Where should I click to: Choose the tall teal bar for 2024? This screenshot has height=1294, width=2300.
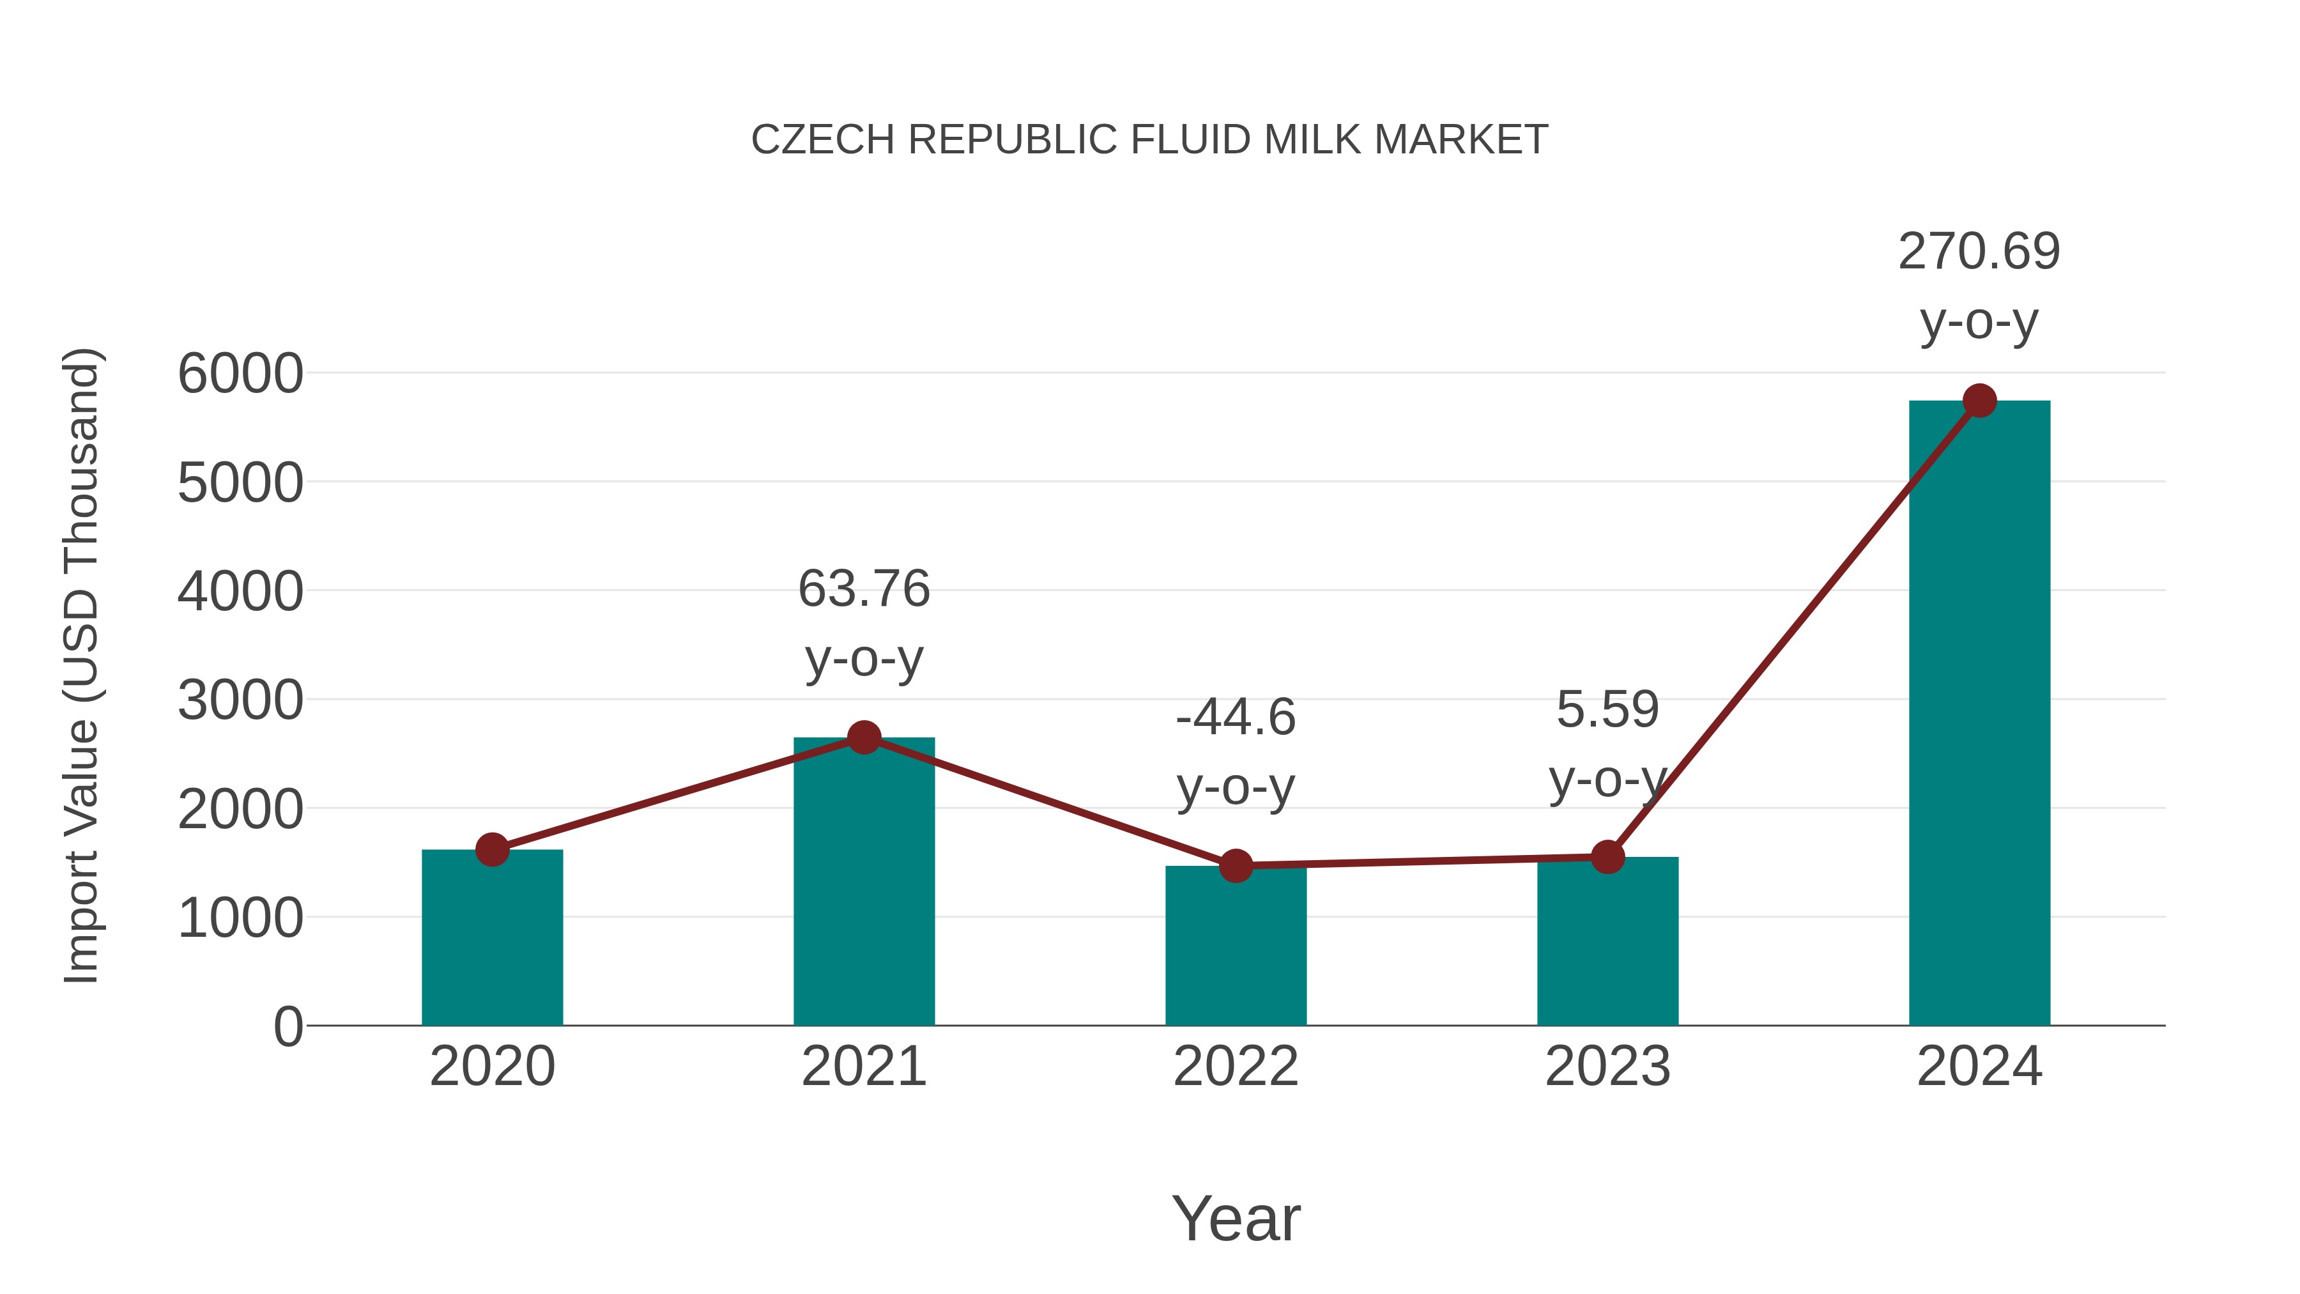tap(1979, 714)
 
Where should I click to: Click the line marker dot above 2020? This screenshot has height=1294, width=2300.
tap(492, 849)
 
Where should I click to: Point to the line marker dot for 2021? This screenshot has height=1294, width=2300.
tap(863, 737)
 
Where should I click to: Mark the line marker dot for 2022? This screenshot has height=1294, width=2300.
tap(1236, 865)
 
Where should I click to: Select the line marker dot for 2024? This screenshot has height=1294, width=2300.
tap(1979, 401)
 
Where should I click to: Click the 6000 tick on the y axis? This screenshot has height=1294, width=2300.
tap(240, 373)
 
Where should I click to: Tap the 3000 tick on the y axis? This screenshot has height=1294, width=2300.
tap(240, 700)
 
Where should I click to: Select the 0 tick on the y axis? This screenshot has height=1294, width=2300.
tap(287, 1026)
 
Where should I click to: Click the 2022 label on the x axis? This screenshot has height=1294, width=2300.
tap(1236, 1067)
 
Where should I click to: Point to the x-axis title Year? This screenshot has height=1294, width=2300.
tap(1236, 1218)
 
